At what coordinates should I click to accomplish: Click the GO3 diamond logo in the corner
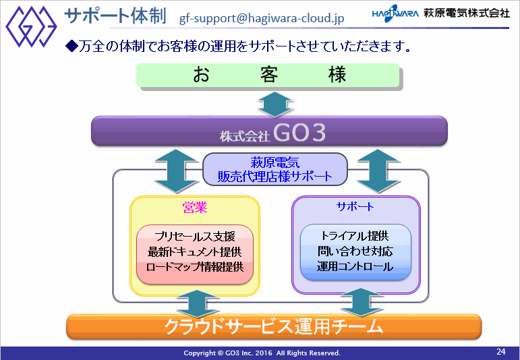(x=31, y=26)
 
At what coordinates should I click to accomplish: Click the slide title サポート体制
(x=115, y=16)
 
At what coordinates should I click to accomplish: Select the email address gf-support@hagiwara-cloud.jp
(x=262, y=18)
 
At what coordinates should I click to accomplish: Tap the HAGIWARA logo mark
(x=395, y=13)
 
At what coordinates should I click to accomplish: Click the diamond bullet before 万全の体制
(x=71, y=46)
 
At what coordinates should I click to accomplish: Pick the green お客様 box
(x=268, y=76)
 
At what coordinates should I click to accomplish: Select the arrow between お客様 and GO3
(x=276, y=104)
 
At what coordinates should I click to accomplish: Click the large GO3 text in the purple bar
(x=299, y=133)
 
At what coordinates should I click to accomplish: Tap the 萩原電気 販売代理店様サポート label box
(x=275, y=169)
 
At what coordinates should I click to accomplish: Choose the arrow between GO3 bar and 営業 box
(x=177, y=171)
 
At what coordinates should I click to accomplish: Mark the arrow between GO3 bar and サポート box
(x=378, y=171)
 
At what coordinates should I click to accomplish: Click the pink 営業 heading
(x=195, y=207)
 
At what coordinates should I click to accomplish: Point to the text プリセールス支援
(x=195, y=237)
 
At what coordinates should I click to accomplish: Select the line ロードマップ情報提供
(x=195, y=267)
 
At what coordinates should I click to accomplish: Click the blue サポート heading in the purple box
(x=355, y=206)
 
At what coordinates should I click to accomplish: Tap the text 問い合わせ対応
(x=355, y=251)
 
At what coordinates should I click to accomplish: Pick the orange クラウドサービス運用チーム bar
(x=274, y=326)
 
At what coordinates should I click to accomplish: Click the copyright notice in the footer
(x=262, y=353)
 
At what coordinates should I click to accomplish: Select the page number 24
(x=501, y=351)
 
